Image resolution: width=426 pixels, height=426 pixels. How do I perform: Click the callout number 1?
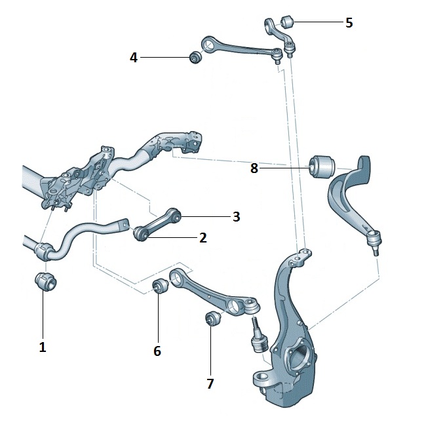coord(43,347)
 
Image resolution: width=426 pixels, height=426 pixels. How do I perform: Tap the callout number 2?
coord(203,238)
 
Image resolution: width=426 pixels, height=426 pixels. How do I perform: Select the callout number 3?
coord(236,216)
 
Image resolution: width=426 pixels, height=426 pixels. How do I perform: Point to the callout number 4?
coord(134,58)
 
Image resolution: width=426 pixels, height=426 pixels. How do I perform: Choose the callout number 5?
coord(349,23)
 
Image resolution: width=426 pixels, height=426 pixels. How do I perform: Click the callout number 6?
coord(157,351)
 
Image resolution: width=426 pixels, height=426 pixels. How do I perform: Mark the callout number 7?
coord(210,383)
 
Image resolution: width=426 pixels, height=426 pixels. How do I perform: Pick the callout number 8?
coord(254,168)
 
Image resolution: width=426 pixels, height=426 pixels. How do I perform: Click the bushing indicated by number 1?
coord(45,282)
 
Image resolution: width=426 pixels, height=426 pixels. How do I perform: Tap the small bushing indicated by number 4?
coord(195,58)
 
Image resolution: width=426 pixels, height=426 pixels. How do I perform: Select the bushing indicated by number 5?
coord(286,20)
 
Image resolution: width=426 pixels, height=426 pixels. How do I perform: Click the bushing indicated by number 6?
coord(159,287)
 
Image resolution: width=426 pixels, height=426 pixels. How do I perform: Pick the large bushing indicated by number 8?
coord(321,165)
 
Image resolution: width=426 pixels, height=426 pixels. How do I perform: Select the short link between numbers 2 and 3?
coord(157,223)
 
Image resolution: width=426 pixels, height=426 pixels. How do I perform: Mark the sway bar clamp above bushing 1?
coord(45,251)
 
